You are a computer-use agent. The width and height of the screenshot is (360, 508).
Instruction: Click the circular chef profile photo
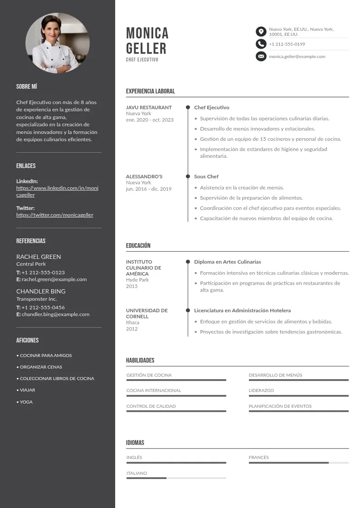click(58, 44)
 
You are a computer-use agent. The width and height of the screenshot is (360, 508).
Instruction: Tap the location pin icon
click(261, 31)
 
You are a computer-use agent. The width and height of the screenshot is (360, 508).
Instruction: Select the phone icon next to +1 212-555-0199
click(261, 44)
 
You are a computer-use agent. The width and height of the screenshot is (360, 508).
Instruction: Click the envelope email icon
click(261, 56)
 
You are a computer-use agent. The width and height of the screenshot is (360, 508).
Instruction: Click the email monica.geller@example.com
click(297, 57)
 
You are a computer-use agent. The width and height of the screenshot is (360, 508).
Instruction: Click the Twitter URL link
click(55, 215)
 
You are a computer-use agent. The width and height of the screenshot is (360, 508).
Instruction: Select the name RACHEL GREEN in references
click(39, 257)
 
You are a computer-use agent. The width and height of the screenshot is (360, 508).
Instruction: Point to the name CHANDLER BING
click(41, 291)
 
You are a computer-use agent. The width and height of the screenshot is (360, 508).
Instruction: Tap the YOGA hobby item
click(26, 402)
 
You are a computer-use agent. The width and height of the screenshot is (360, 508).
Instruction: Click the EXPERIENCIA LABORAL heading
click(150, 91)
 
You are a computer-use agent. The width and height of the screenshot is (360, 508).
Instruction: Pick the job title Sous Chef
click(206, 176)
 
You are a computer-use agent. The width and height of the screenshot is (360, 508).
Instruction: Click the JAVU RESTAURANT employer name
click(149, 107)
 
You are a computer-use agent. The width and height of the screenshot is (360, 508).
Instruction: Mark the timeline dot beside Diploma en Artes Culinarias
click(188, 262)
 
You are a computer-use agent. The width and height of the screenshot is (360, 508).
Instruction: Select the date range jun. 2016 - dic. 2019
click(149, 189)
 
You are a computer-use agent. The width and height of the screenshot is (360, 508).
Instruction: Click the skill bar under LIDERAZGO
click(298, 396)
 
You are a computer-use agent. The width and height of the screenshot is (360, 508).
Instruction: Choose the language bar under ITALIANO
click(176, 478)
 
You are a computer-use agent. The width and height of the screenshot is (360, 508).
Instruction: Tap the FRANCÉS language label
click(258, 457)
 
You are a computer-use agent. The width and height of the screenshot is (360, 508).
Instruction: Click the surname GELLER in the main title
click(146, 49)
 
